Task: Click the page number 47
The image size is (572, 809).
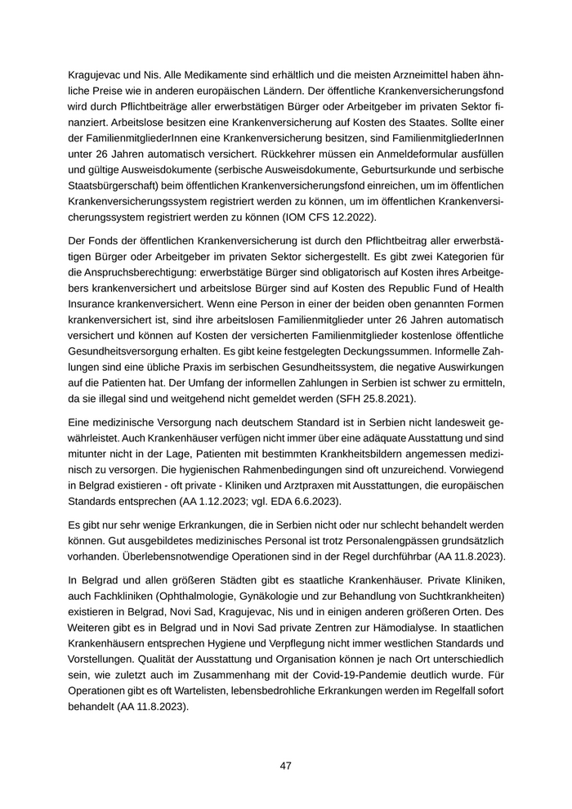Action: (285, 766)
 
